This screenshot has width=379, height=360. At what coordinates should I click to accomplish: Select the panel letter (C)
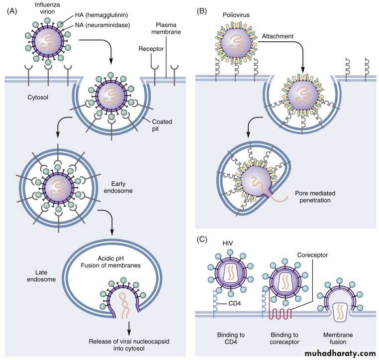(203, 239)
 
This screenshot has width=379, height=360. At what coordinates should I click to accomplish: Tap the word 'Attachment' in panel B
(279, 37)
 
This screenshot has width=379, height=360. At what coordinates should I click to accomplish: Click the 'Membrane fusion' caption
(338, 339)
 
